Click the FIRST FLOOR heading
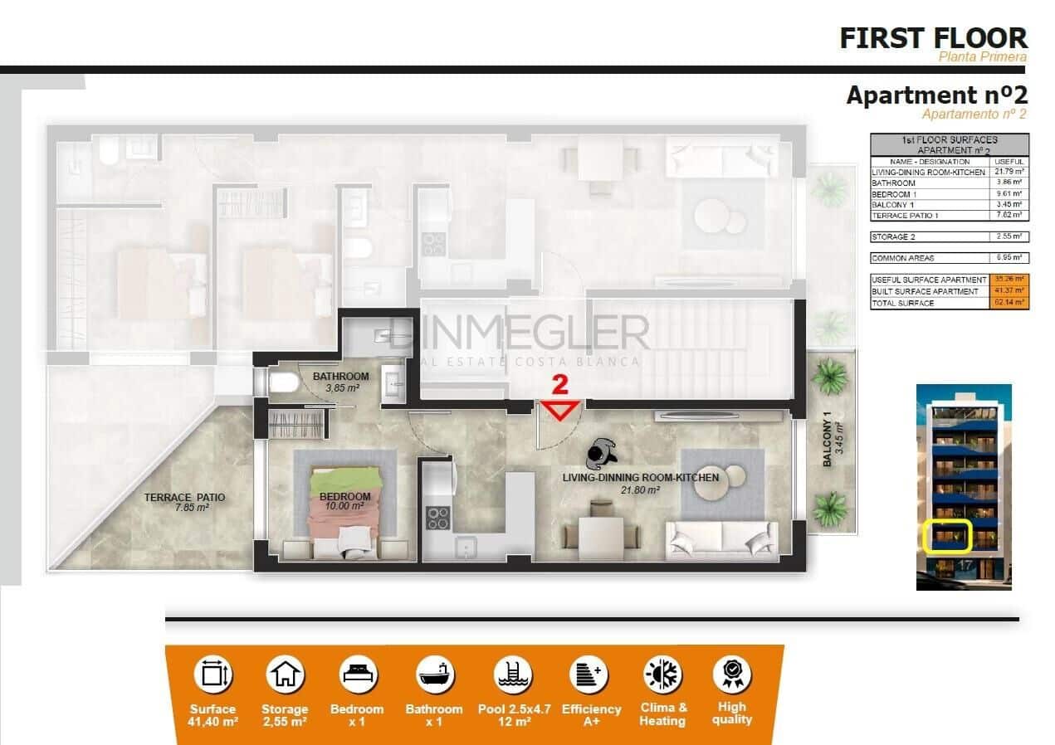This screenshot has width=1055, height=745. click(933, 38)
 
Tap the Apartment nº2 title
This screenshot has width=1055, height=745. click(936, 95)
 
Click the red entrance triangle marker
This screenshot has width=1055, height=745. click(561, 409)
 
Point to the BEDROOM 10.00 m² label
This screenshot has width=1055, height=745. click(344, 501)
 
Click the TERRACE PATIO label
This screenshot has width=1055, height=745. click(184, 503)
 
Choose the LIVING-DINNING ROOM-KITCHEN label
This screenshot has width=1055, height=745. click(640, 483)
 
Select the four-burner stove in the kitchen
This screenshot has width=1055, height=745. click(437, 518)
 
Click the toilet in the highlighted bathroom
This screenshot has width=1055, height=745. click(282, 382)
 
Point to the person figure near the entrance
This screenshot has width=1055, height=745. click(601, 453)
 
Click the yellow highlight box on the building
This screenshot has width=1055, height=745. click(948, 537)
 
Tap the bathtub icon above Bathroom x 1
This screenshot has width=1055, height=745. click(434, 674)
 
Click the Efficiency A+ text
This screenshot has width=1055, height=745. click(591, 715)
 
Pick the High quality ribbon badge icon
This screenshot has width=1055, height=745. click(732, 674)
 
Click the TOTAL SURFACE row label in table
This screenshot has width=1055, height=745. click(902, 304)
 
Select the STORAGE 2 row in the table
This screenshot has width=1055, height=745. click(949, 236)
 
